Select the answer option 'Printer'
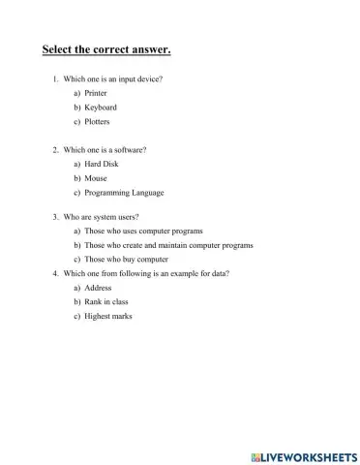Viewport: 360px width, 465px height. [96, 92]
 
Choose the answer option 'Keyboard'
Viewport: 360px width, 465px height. [100, 108]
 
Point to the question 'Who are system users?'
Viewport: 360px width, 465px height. [106, 218]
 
